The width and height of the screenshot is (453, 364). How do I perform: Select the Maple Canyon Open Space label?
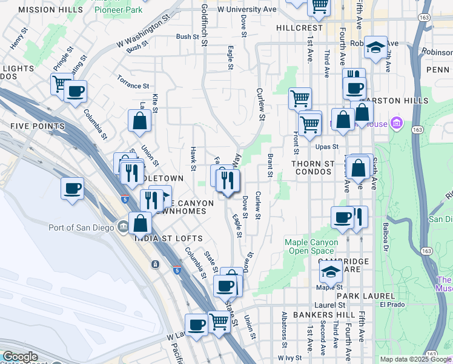pyautogui.click(x=309, y=246)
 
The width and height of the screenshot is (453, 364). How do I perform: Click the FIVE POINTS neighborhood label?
pyautogui.click(x=37, y=126)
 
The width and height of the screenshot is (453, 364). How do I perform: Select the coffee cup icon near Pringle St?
pyautogui.click(x=75, y=92)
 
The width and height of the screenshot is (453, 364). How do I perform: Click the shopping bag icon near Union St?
pyautogui.click(x=140, y=121)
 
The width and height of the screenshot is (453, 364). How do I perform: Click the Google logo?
pyautogui.click(x=20, y=357)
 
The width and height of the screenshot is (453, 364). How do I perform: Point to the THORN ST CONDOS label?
pyautogui.click(x=312, y=167)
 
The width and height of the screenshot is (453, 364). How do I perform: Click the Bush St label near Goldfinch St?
pyautogui.click(x=188, y=37)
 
